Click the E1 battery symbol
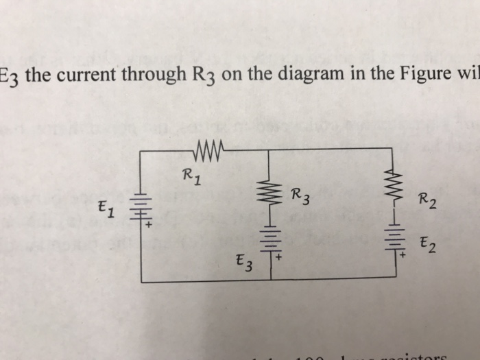click(x=140, y=206)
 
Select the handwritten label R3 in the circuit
click(x=299, y=197)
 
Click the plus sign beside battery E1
click(x=147, y=224)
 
